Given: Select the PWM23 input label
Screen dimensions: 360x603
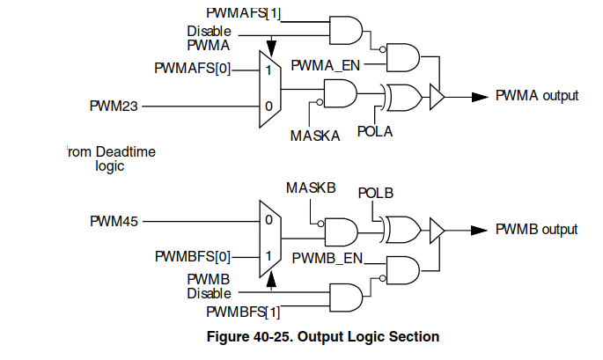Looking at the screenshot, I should [x=114, y=107].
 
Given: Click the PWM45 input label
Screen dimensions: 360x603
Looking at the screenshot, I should [x=114, y=220].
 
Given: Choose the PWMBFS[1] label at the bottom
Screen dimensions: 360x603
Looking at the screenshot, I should [x=243, y=312].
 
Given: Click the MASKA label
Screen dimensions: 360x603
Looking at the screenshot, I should [x=315, y=136].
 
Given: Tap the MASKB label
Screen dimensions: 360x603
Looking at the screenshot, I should [x=311, y=188].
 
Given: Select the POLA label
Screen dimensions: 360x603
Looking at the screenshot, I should [x=374, y=132].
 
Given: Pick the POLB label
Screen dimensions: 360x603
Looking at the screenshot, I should [x=375, y=193].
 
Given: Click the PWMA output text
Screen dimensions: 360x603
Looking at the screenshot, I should [x=537, y=96].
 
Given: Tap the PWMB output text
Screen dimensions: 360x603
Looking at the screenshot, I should [x=536, y=230].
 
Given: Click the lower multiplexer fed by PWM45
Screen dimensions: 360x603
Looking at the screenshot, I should [x=268, y=238].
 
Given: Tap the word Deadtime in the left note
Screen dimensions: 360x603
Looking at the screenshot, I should [x=124, y=152].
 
